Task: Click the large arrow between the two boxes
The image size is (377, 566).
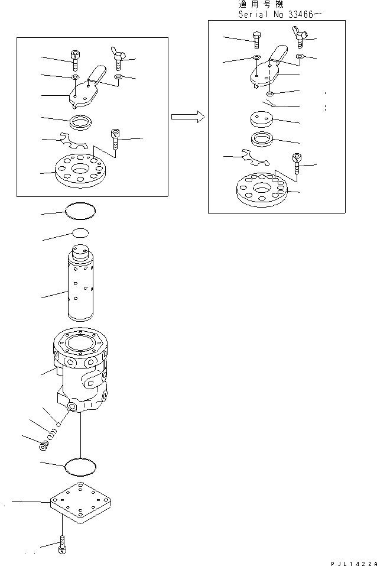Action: point(188,117)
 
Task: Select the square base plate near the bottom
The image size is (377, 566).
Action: point(80,504)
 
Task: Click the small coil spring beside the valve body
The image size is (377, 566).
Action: point(52,435)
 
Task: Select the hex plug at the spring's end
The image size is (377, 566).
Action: point(43,446)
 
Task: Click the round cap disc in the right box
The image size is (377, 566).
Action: point(261,120)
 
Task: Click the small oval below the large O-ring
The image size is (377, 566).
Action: point(80,232)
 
